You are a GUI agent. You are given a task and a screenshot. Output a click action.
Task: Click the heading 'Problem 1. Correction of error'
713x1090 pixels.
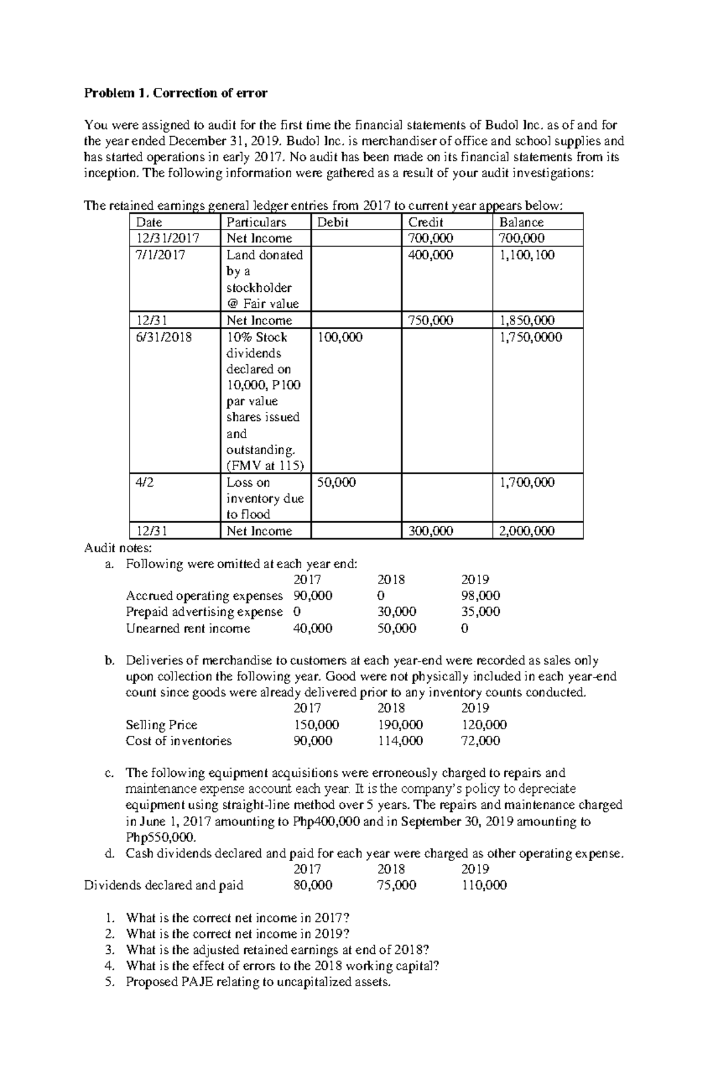[176, 93]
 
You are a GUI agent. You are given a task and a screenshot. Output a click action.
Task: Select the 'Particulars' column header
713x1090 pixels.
[256, 222]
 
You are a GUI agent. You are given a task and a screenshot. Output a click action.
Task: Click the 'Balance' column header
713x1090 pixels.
[521, 222]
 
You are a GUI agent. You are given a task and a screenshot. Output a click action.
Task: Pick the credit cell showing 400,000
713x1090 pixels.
[430, 255]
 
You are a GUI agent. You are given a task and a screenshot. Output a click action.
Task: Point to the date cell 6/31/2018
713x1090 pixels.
[164, 337]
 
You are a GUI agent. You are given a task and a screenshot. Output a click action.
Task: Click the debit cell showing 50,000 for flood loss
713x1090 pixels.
[337, 482]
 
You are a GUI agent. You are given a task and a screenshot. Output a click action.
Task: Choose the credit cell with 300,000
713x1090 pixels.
[430, 531]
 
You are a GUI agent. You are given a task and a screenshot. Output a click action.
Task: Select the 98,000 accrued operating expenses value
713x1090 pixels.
[481, 596]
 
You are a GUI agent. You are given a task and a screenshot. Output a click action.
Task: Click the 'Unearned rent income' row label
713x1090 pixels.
[188, 628]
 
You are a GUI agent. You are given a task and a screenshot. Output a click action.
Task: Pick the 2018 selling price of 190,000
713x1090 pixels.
[400, 724]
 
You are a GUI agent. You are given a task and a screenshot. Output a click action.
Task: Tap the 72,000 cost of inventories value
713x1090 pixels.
[481, 741]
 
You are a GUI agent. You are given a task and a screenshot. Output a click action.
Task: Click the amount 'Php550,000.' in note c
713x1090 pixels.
[160, 837]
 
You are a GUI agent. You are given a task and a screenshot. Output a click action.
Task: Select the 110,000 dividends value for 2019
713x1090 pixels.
[484, 885]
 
